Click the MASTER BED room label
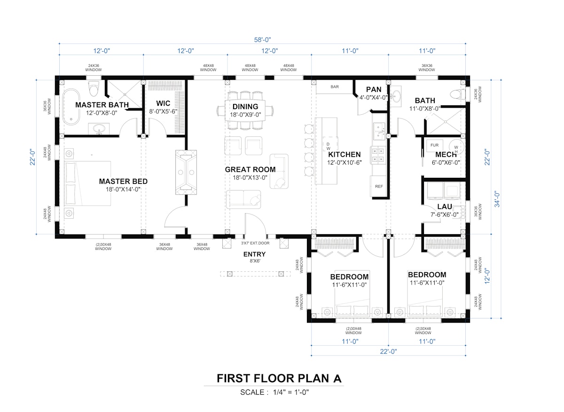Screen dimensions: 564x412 tap(123, 182)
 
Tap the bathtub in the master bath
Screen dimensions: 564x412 tap(71, 107)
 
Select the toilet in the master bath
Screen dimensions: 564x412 tap(93, 89)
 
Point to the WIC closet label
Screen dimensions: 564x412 tap(163, 103)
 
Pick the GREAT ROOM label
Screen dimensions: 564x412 tap(250, 170)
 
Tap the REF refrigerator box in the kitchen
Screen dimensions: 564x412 tap(379, 186)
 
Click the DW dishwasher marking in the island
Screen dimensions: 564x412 tap(329, 146)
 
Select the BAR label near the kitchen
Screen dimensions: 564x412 tap(335, 87)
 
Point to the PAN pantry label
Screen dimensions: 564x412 tap(374, 89)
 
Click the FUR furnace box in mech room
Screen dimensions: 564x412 tap(434, 145)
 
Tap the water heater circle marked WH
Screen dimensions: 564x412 tap(456, 147)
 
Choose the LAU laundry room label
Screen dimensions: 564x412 tap(445, 206)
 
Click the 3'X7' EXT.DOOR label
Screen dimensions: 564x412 tap(255, 243)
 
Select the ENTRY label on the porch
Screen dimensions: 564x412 tap(254, 254)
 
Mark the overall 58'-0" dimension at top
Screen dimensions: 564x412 tap(262, 40)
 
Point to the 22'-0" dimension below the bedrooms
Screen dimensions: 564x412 tap(388, 351)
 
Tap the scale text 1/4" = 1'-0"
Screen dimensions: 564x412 tap(291, 392)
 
